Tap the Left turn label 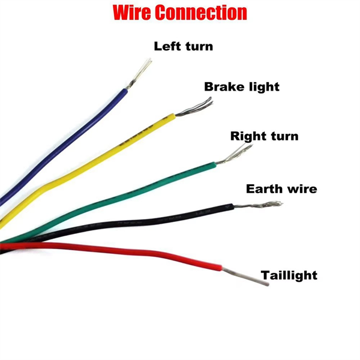pyautogui.click(x=183, y=46)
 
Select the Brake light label pyautogui.click(x=242, y=86)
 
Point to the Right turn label pyautogui.click(x=264, y=136)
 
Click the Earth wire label pyautogui.click(x=281, y=189)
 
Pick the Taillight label pyautogui.click(x=289, y=275)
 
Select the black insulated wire pyautogui.click(x=150, y=219)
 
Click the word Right pyautogui.click(x=247, y=136)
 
